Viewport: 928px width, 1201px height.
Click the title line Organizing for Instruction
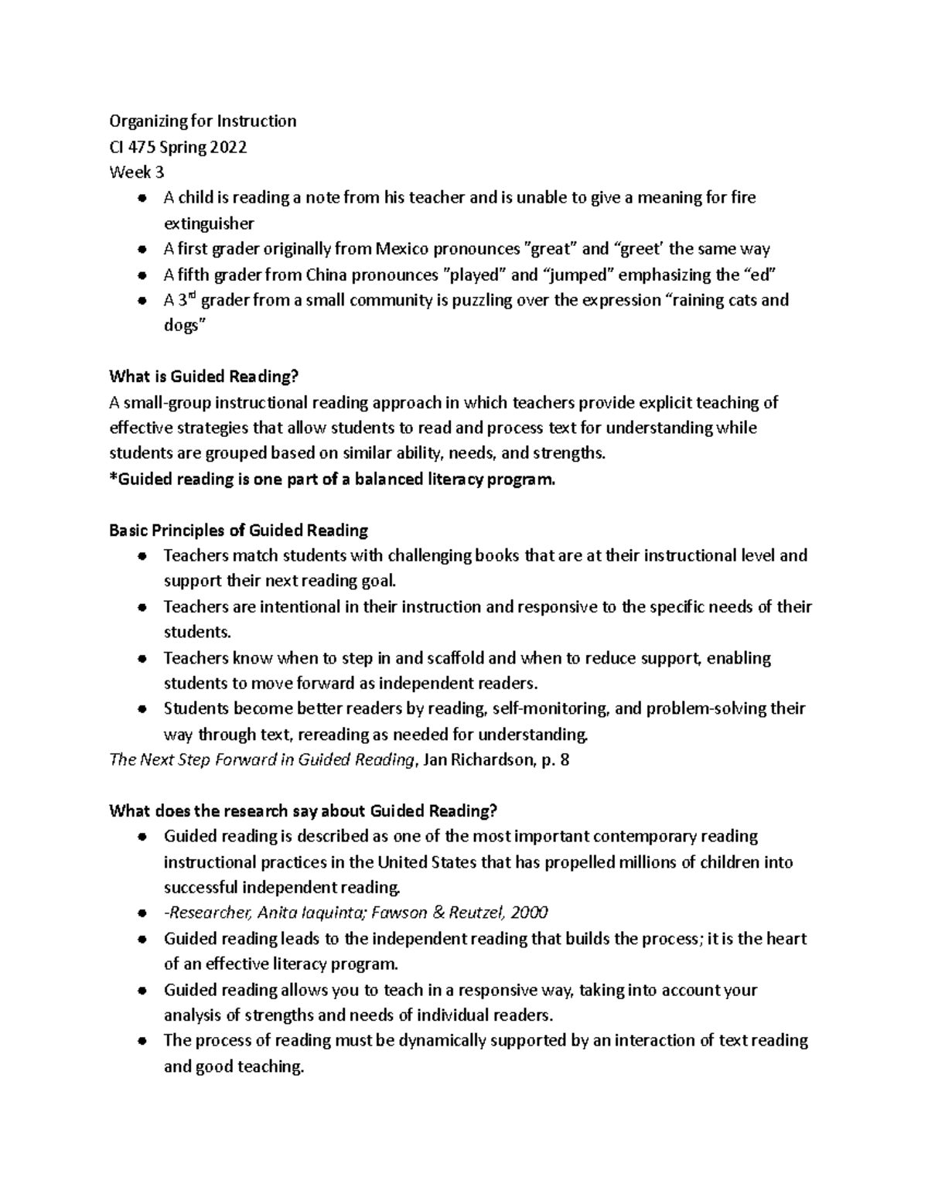203,121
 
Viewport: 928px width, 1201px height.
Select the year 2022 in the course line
227,147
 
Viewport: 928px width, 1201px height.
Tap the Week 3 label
137,172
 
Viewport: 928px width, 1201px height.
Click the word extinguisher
209,223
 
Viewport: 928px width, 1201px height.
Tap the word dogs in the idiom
181,326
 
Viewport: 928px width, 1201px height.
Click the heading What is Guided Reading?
203,377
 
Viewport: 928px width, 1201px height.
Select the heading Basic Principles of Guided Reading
238,531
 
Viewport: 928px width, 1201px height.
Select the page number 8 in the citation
565,759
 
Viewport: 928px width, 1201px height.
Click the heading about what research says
303,810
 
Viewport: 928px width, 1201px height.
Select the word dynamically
447,1040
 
